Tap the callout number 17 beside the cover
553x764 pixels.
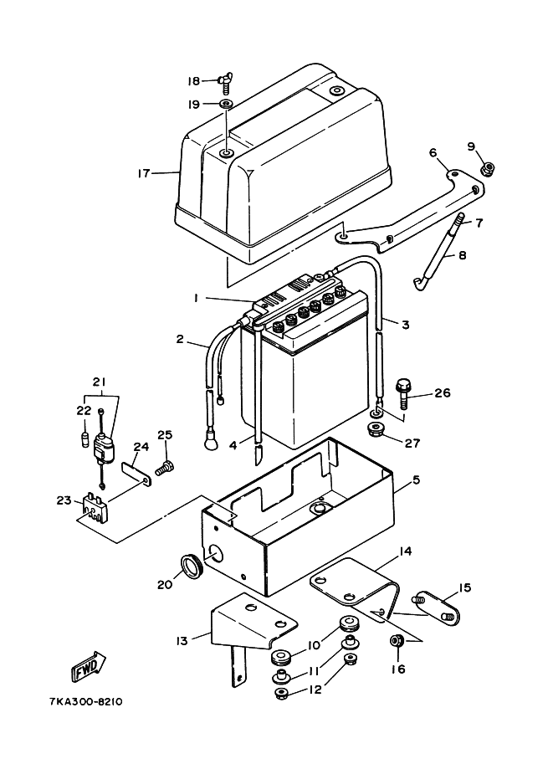click(x=143, y=173)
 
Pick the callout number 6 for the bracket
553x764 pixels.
click(x=433, y=152)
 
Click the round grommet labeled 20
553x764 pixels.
click(x=191, y=566)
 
